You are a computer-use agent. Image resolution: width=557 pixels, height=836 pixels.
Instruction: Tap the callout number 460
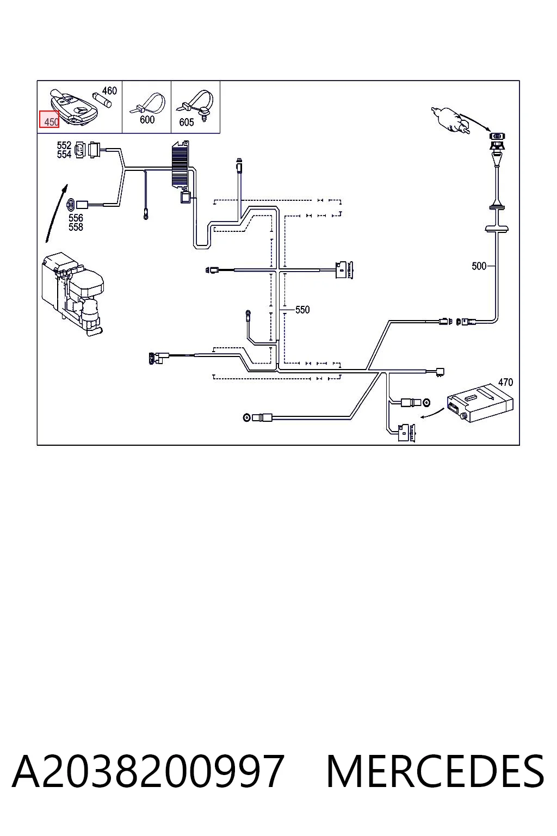click(109, 91)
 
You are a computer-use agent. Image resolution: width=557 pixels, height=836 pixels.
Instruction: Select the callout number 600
click(147, 119)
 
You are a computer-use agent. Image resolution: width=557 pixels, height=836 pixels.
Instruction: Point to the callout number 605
click(186, 122)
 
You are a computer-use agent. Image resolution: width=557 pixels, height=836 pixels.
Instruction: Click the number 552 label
click(64, 145)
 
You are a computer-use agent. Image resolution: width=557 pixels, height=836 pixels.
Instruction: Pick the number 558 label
click(76, 227)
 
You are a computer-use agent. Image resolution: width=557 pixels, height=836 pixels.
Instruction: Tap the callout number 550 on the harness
click(302, 310)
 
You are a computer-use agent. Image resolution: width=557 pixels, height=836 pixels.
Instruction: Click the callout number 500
click(479, 266)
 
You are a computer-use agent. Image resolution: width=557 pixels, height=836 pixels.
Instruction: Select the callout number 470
click(505, 382)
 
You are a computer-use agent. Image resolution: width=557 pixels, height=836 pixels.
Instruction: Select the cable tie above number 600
click(148, 103)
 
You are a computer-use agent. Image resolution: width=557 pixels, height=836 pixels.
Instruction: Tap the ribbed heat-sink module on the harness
click(181, 164)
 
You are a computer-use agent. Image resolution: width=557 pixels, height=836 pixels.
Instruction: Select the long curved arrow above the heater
click(55, 213)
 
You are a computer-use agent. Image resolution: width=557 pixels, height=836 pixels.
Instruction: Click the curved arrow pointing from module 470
click(432, 414)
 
